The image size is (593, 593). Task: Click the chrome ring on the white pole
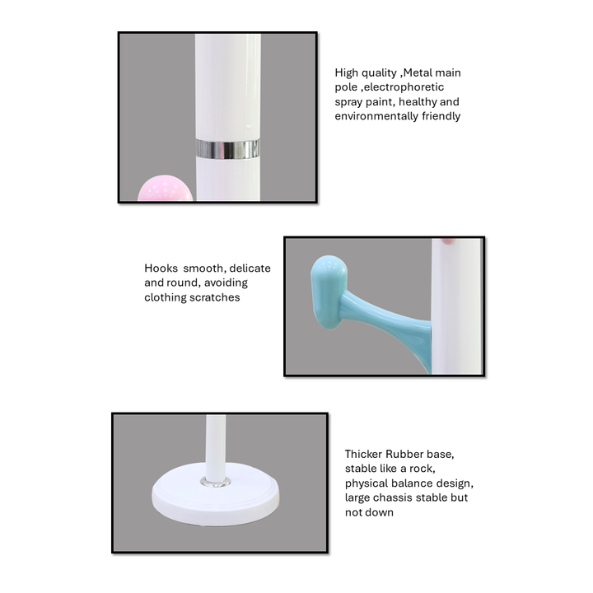point(228,149)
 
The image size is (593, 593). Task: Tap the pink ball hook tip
point(166,188)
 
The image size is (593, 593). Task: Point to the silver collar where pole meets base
point(216,482)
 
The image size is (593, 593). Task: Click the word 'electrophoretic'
point(404,87)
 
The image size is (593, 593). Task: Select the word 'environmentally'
point(376,116)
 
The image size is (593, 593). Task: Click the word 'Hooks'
point(161,268)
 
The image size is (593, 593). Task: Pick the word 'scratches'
point(217,297)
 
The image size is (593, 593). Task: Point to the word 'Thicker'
point(363,454)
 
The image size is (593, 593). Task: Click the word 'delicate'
point(250,268)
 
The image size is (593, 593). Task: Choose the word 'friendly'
point(441,116)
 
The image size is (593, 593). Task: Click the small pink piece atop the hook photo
point(449,240)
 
